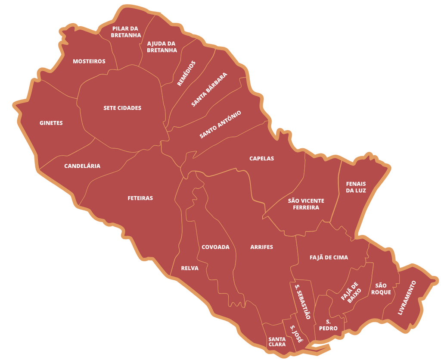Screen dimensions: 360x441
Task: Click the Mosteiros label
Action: click(89, 61)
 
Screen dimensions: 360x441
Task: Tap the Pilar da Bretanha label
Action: click(125, 32)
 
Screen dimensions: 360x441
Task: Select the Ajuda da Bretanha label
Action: click(162, 47)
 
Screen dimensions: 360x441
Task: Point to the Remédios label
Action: click(186, 73)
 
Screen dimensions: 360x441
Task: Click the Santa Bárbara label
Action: click(209, 90)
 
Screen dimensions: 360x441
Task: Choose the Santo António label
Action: click(220, 125)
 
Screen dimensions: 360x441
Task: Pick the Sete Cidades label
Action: click(122, 108)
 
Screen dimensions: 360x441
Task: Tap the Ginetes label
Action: click(51, 123)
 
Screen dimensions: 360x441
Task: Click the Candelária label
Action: click(82, 166)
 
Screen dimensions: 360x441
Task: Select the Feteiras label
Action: click(140, 198)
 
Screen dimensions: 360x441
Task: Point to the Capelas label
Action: click(261, 158)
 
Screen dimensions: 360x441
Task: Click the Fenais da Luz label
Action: click(356, 187)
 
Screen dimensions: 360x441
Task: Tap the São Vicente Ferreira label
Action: click(306, 204)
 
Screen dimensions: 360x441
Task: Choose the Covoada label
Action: click(215, 247)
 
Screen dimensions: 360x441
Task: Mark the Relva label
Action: click(189, 268)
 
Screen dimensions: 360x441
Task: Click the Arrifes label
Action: click(261, 247)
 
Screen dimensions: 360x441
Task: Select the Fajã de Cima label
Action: click(329, 257)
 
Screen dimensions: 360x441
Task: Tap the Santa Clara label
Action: click(276, 341)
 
